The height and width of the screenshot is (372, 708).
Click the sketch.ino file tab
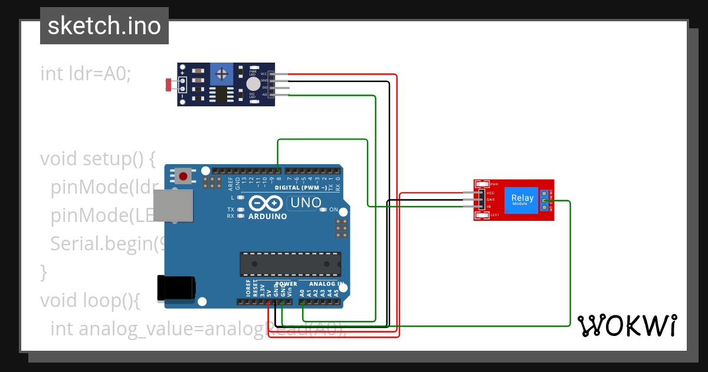104,26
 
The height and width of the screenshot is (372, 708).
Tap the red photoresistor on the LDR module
169,85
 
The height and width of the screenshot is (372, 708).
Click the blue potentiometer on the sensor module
222,74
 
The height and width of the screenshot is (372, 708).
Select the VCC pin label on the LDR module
264,74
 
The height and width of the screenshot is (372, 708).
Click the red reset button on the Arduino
184,175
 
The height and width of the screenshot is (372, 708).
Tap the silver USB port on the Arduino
175,206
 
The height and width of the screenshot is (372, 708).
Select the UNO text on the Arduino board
305,203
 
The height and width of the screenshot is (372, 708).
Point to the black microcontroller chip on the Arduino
290,264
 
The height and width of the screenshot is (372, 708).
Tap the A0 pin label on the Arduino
302,292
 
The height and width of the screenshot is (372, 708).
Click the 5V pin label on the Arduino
268,292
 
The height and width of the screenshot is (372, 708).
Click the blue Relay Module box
522,200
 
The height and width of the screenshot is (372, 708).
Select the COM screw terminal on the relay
543,201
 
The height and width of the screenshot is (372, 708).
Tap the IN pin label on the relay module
489,207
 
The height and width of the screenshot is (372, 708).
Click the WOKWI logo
627,325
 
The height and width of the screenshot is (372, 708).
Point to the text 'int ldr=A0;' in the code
86,74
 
